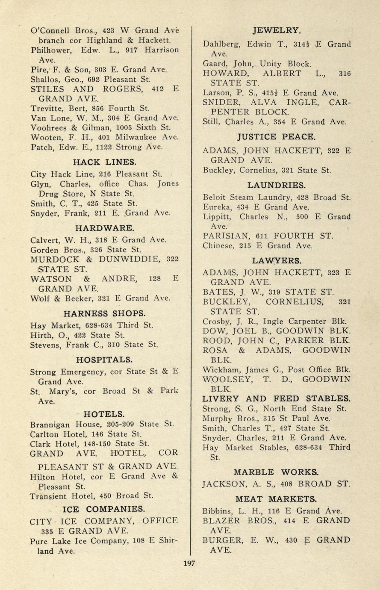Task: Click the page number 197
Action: tap(189, 563)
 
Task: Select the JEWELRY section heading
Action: tap(276, 30)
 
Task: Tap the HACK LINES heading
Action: tap(105, 162)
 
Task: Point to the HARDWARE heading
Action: tap(105, 227)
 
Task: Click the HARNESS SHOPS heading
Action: tap(105, 313)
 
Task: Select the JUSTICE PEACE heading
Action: tap(277, 137)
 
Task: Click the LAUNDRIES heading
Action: tap(277, 185)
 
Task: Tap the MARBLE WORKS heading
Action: tap(276, 472)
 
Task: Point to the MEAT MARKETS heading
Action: tap(276, 499)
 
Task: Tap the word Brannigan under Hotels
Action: tap(51, 425)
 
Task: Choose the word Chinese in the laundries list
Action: tap(218, 245)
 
